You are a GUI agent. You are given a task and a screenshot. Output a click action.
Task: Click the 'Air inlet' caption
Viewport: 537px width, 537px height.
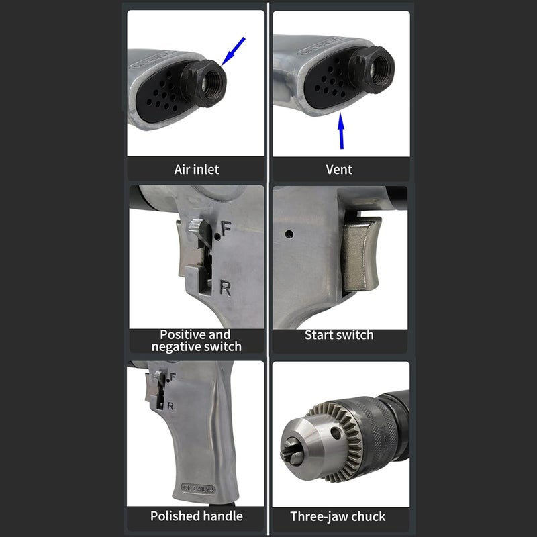click(196, 169)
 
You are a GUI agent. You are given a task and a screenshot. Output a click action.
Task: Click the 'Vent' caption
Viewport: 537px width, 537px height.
click(339, 169)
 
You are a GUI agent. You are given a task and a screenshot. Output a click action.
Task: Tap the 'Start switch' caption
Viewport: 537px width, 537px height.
click(339, 334)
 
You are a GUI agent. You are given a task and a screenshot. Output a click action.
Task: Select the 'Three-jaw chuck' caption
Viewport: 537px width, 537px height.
click(338, 516)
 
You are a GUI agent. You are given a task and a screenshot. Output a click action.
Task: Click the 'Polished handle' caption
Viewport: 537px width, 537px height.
click(195, 516)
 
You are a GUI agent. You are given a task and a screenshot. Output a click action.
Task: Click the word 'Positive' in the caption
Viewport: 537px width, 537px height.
click(185, 334)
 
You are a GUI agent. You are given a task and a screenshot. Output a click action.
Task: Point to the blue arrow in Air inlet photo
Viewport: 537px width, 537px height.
click(232, 51)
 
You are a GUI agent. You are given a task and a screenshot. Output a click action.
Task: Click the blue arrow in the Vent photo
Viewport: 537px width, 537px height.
click(341, 131)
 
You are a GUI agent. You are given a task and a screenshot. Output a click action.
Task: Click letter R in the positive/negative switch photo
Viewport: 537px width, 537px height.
click(226, 289)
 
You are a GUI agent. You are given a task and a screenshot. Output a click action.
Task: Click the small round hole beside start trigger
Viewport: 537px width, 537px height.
click(289, 235)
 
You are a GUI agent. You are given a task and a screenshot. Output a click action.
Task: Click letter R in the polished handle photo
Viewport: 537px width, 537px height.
click(172, 405)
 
